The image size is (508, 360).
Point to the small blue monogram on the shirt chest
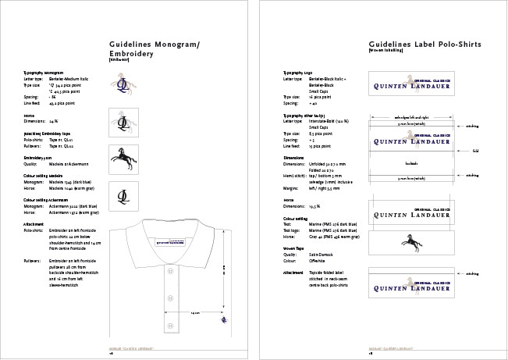coord(224,319)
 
